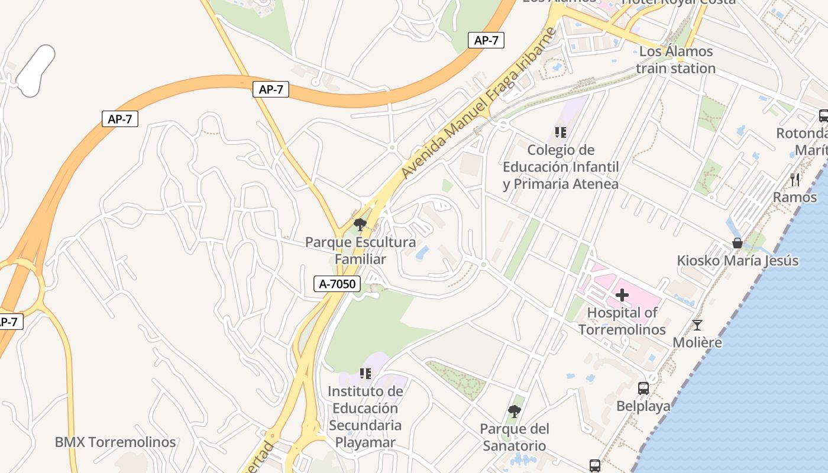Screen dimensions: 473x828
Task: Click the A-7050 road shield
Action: point(337,284)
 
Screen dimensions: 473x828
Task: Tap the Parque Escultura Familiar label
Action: point(360,251)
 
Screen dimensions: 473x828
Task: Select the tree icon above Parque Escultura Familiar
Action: point(360,225)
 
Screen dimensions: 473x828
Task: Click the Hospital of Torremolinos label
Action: point(622,321)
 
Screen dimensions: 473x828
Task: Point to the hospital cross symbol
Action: point(622,294)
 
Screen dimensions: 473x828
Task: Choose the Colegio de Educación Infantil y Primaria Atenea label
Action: point(561,167)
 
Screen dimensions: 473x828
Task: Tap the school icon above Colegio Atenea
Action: point(561,132)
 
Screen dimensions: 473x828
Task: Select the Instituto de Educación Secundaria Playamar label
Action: point(366,416)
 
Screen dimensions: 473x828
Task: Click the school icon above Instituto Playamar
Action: point(366,374)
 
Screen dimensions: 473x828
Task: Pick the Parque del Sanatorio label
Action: point(515,437)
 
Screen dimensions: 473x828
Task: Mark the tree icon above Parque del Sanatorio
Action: point(515,411)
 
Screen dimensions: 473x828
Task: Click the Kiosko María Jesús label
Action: point(738,261)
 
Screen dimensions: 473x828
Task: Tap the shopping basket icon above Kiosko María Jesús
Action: point(738,242)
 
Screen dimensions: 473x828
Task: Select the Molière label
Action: point(697,342)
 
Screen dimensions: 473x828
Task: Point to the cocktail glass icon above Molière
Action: point(697,325)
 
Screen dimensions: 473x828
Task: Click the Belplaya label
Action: point(643,406)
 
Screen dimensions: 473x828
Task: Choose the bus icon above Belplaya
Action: point(643,388)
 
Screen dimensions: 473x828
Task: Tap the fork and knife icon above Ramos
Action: point(795,179)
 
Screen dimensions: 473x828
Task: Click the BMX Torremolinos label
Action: point(115,442)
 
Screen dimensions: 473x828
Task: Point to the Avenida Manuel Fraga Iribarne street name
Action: point(478,103)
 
